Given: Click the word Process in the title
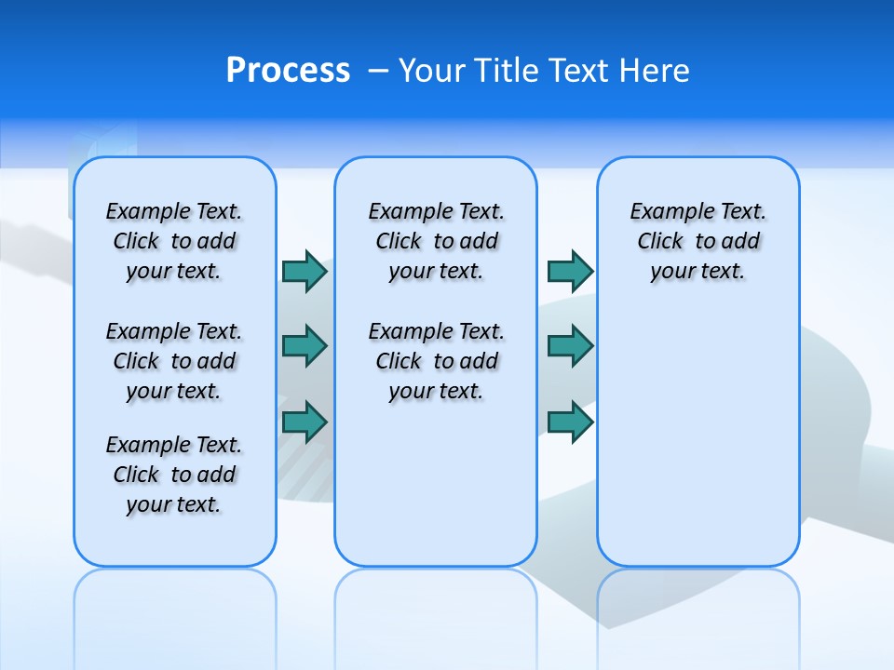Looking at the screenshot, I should point(288,71).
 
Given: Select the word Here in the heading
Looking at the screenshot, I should point(656,71).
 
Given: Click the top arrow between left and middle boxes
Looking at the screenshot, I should point(305,272).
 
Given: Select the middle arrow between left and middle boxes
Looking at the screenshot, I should point(305,346).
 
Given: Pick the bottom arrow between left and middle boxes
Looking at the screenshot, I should point(305,422).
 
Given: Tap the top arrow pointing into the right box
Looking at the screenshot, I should point(570,272).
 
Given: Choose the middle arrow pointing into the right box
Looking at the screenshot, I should point(570,346).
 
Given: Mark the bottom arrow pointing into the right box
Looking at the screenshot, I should point(570,422).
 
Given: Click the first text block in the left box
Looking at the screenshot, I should point(174,241).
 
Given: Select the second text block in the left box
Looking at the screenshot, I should point(174,361).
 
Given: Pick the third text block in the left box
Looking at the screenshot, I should point(174,475).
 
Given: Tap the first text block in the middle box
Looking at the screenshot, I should point(436,241).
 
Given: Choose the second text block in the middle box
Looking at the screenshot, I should point(436,361).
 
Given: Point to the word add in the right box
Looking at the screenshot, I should point(741,242).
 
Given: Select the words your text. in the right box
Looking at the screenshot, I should point(698,272).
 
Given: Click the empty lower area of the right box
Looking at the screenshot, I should point(698,437).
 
